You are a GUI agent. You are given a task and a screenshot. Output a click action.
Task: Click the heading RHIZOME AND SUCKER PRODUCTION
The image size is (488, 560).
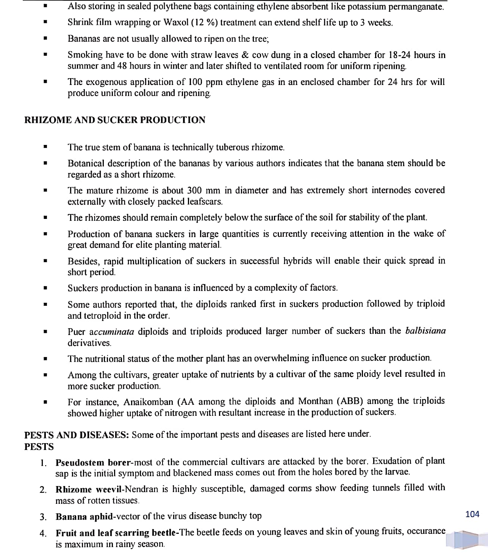(x=115, y=120)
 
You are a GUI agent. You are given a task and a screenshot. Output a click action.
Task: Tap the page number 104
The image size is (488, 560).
(x=472, y=514)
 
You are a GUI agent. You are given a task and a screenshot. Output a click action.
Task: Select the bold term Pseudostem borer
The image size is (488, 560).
(x=93, y=462)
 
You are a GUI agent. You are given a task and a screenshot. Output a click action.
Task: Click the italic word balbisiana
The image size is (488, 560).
(x=425, y=331)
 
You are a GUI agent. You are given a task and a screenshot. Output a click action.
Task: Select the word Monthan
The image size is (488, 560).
(x=315, y=401)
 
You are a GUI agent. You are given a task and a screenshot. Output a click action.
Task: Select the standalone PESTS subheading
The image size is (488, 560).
(x=39, y=447)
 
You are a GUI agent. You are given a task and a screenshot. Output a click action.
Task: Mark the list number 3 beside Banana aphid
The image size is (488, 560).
(x=43, y=517)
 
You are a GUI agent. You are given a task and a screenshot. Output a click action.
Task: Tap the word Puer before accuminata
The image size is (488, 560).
(x=77, y=332)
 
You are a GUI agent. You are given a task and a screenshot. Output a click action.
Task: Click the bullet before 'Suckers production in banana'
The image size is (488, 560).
(x=45, y=288)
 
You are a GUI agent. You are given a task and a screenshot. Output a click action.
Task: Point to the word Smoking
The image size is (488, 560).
(x=85, y=55)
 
